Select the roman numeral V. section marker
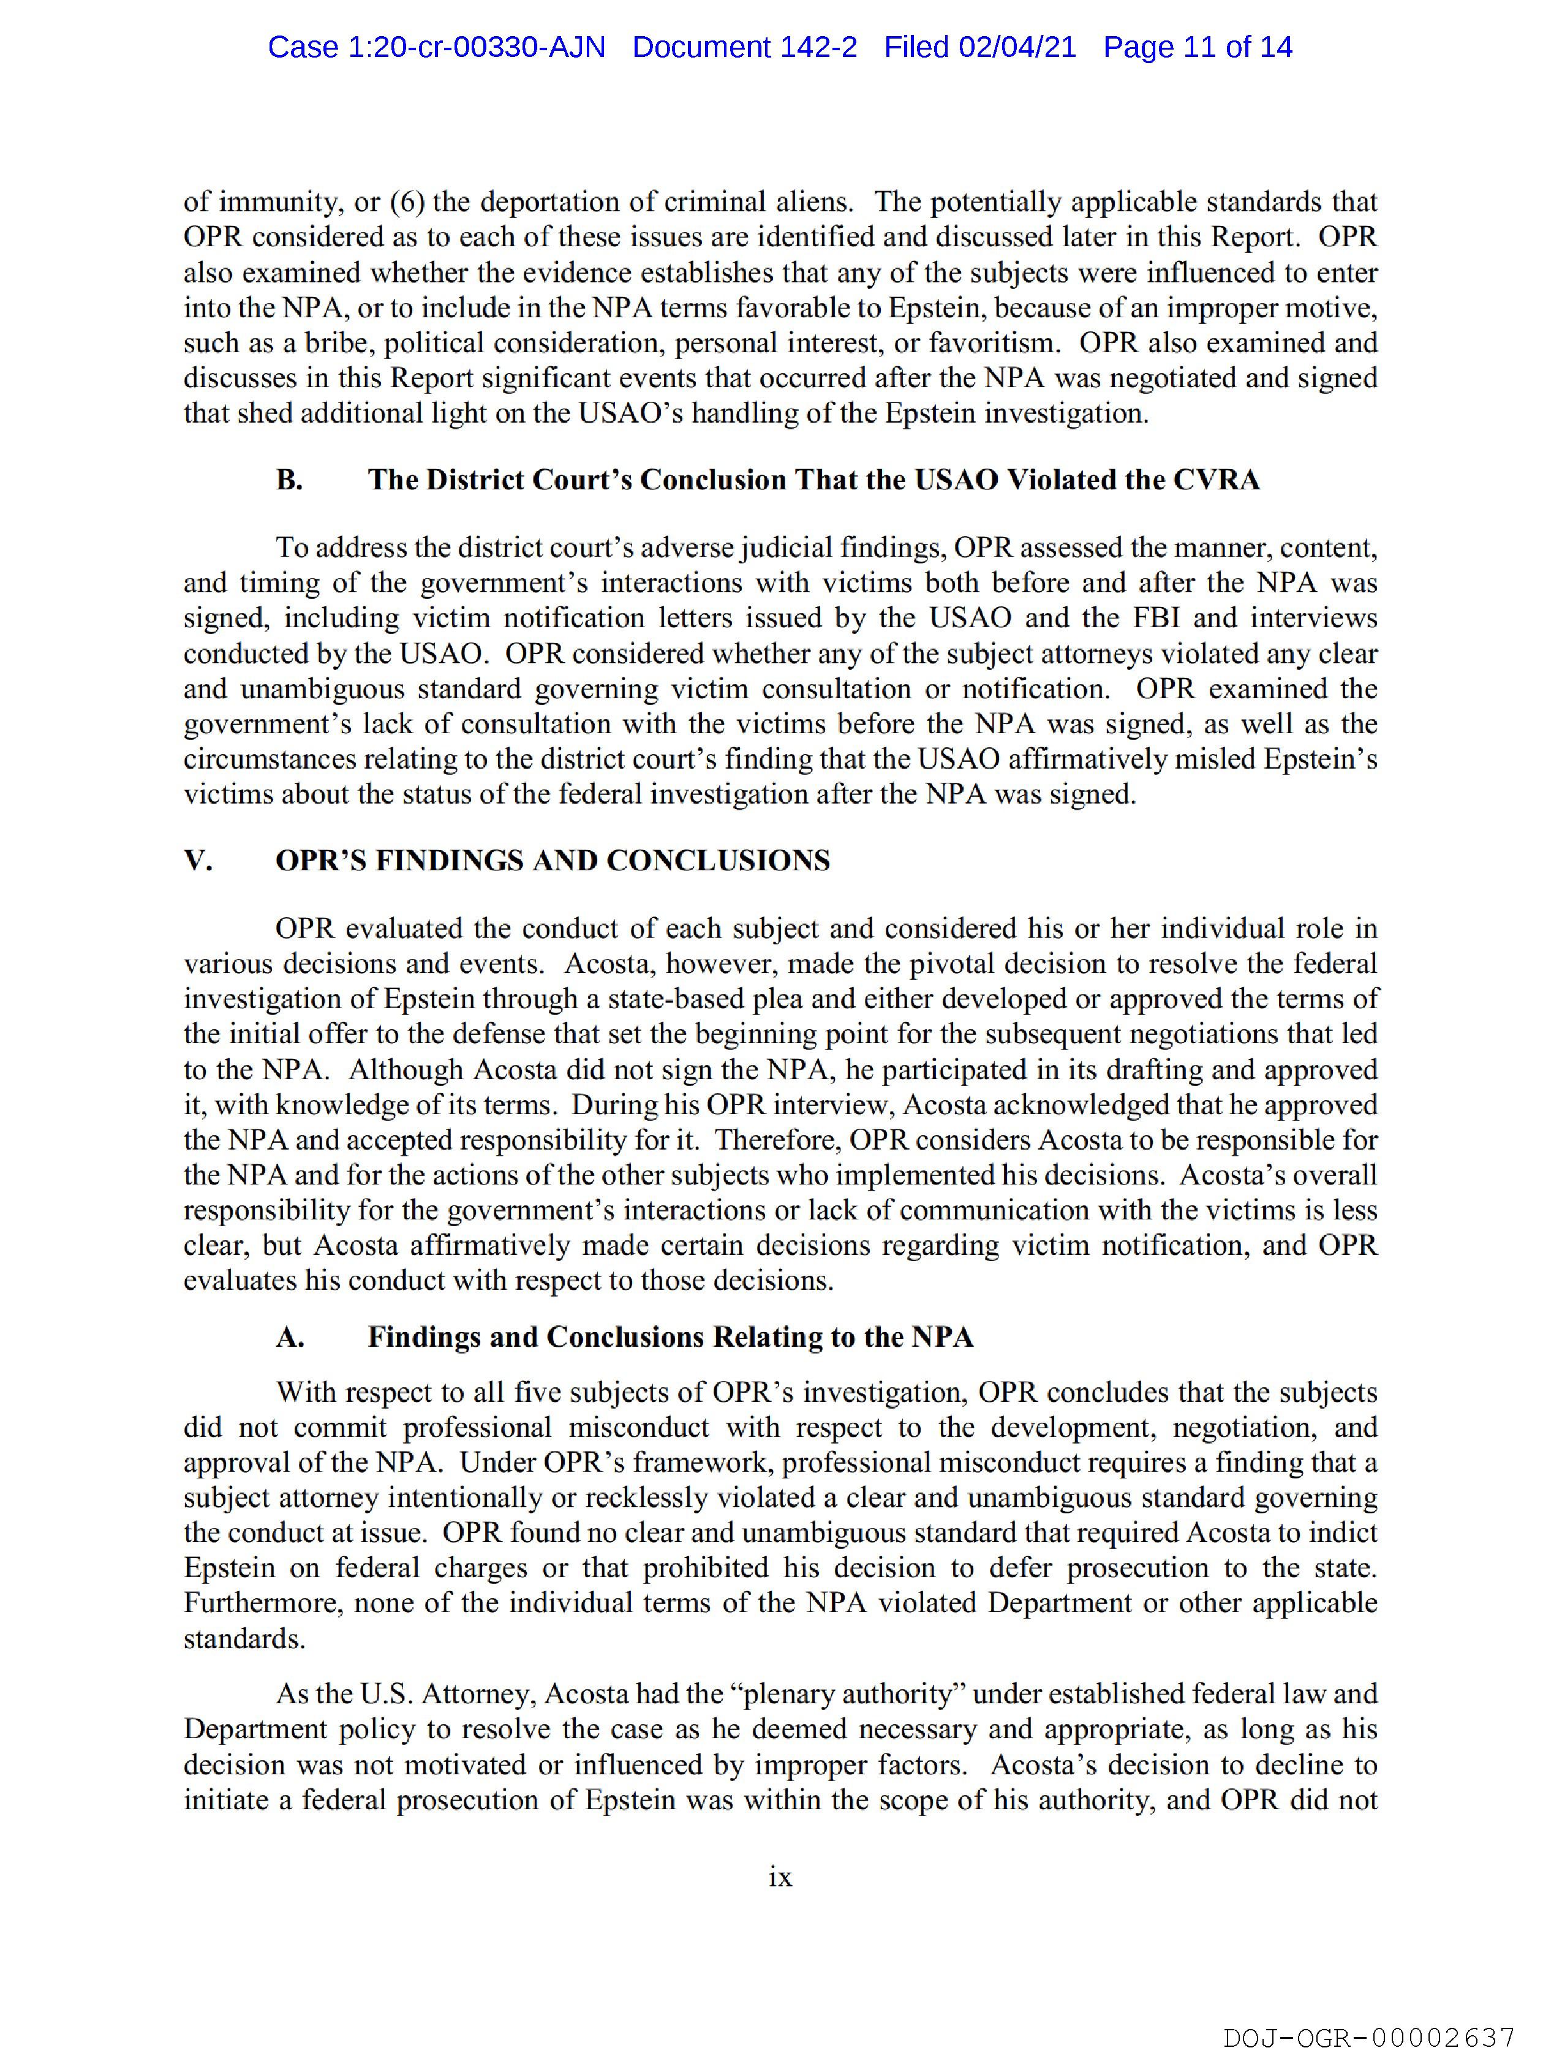(x=198, y=860)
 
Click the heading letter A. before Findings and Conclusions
(x=290, y=1336)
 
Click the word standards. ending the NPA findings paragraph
(x=244, y=1638)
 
